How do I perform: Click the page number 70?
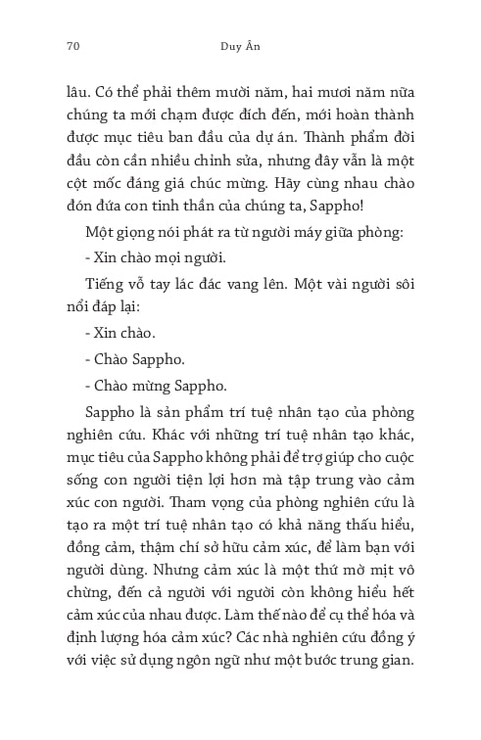coord(72,44)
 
